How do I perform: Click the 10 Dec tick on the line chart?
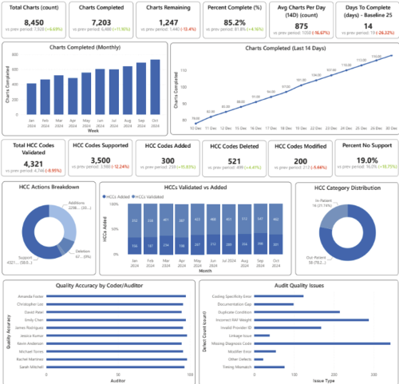pos(196,127)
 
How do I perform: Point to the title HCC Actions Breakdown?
pos(49,186)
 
